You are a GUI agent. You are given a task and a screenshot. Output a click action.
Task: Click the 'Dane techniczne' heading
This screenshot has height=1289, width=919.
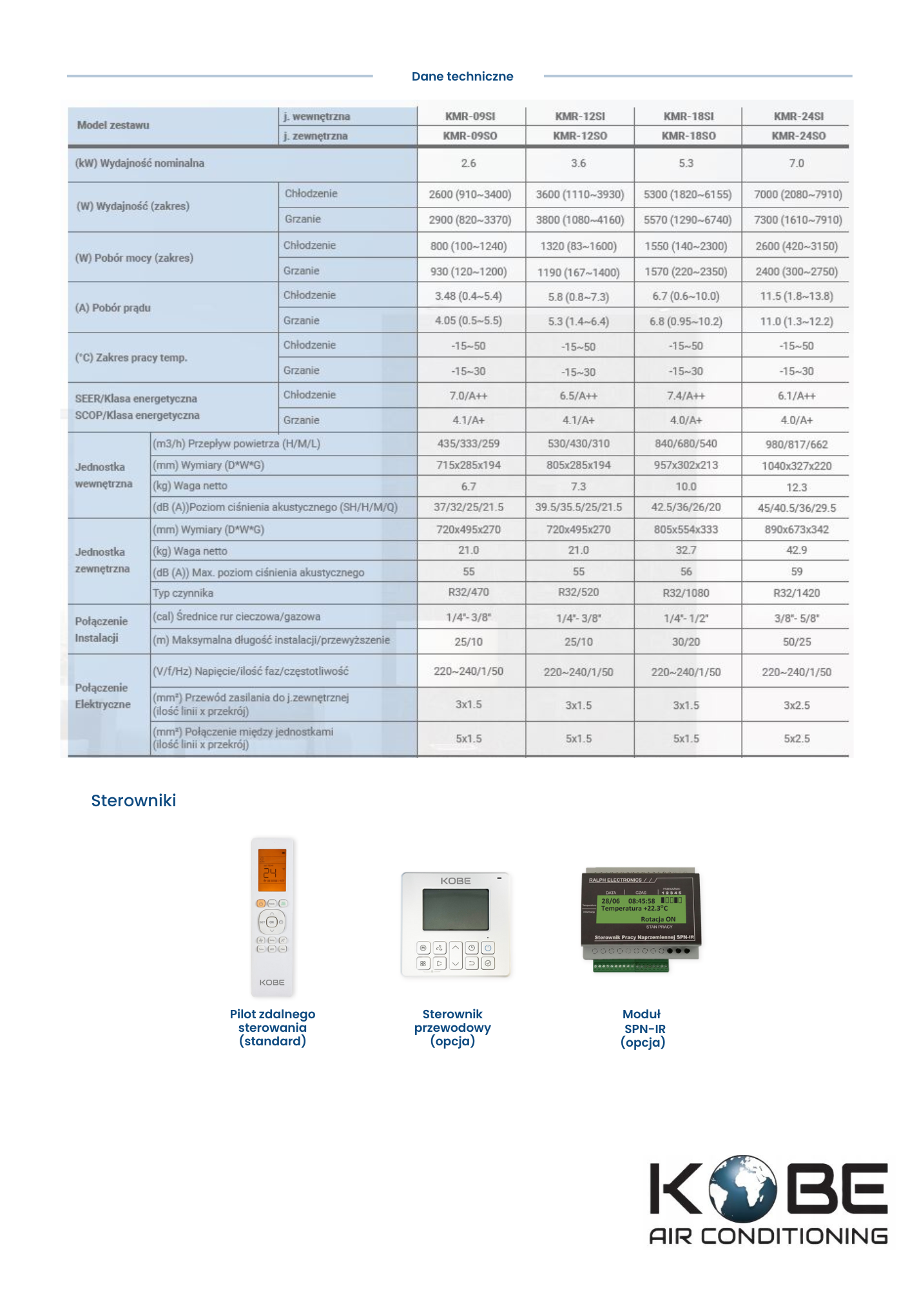pyautogui.click(x=462, y=77)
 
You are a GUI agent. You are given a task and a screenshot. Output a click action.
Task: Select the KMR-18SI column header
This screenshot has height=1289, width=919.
pyautogui.click(x=688, y=117)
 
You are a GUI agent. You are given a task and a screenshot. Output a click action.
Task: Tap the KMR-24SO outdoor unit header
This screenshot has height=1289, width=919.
pyautogui.click(x=798, y=136)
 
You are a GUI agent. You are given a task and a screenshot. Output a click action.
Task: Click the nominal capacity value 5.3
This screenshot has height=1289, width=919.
pyautogui.click(x=686, y=164)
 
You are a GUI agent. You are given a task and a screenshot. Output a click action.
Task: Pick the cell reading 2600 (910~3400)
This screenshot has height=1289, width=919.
pyautogui.click(x=470, y=195)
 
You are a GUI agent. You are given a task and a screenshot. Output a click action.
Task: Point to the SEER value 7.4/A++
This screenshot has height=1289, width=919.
pyautogui.click(x=686, y=396)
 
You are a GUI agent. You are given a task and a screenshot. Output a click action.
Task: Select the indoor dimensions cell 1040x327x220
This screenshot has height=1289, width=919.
pyautogui.click(x=797, y=466)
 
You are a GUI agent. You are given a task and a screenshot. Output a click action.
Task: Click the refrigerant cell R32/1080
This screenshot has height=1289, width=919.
pyautogui.click(x=686, y=593)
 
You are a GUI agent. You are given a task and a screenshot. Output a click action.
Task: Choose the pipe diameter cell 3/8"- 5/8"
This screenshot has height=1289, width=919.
pyautogui.click(x=797, y=618)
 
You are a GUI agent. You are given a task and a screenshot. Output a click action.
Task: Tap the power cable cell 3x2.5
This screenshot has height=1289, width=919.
pyautogui.click(x=797, y=706)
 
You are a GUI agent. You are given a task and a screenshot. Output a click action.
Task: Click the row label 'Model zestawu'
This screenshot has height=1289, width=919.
pyautogui.click(x=113, y=125)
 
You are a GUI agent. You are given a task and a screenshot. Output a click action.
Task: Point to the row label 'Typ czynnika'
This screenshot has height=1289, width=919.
pyautogui.click(x=183, y=593)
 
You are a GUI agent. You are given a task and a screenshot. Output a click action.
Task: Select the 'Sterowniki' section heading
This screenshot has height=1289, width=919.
pyautogui.click(x=133, y=800)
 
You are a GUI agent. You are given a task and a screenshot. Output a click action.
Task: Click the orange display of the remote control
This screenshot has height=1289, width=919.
pyautogui.click(x=272, y=870)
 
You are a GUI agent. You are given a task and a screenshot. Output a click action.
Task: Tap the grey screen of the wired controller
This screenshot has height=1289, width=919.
pyautogui.click(x=456, y=909)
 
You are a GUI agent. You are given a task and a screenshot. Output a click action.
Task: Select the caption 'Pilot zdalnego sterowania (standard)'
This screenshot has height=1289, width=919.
pyautogui.click(x=273, y=1027)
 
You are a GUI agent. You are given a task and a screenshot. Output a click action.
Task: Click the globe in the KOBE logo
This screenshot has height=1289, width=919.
pyautogui.click(x=742, y=1189)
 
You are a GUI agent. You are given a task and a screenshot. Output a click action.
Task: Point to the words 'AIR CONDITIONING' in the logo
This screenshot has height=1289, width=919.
pyautogui.click(x=768, y=1236)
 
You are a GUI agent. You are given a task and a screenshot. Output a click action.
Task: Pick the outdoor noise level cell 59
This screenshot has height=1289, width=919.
pyautogui.click(x=797, y=572)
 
